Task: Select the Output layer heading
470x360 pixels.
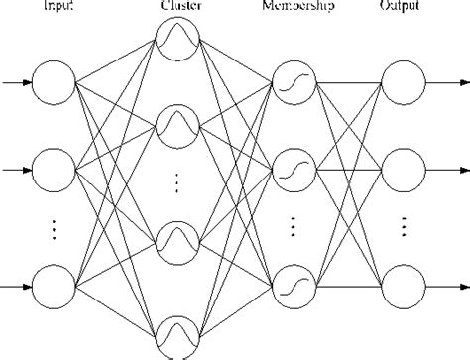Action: pyautogui.click(x=404, y=6)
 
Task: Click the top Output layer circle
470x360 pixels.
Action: pyautogui.click(x=404, y=82)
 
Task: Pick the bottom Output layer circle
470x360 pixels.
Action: pyautogui.click(x=404, y=285)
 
